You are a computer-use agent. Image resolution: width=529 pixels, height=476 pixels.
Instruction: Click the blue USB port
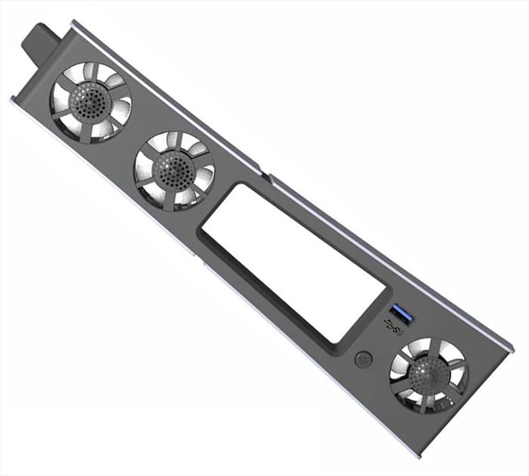point(401,315)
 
